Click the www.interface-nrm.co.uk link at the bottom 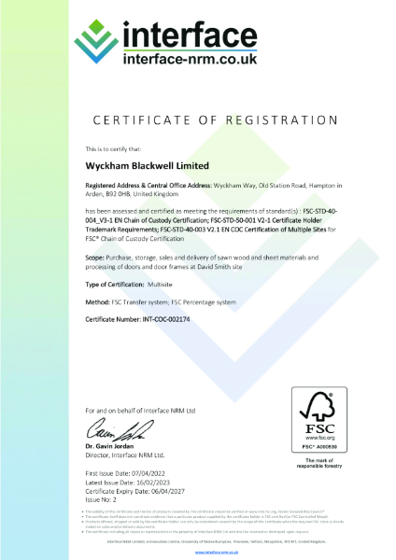198,552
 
